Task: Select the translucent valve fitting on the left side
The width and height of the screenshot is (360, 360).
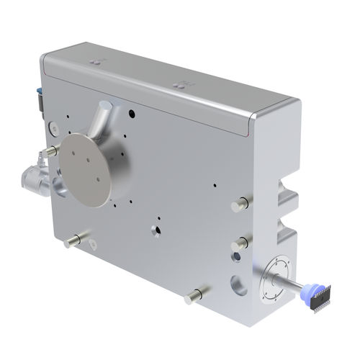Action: coord(33,176)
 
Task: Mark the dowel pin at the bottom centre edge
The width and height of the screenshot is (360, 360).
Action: coord(194,295)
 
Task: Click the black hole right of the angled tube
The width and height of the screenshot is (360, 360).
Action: coord(134,113)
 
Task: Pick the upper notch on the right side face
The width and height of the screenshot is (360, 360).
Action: coord(289,198)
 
